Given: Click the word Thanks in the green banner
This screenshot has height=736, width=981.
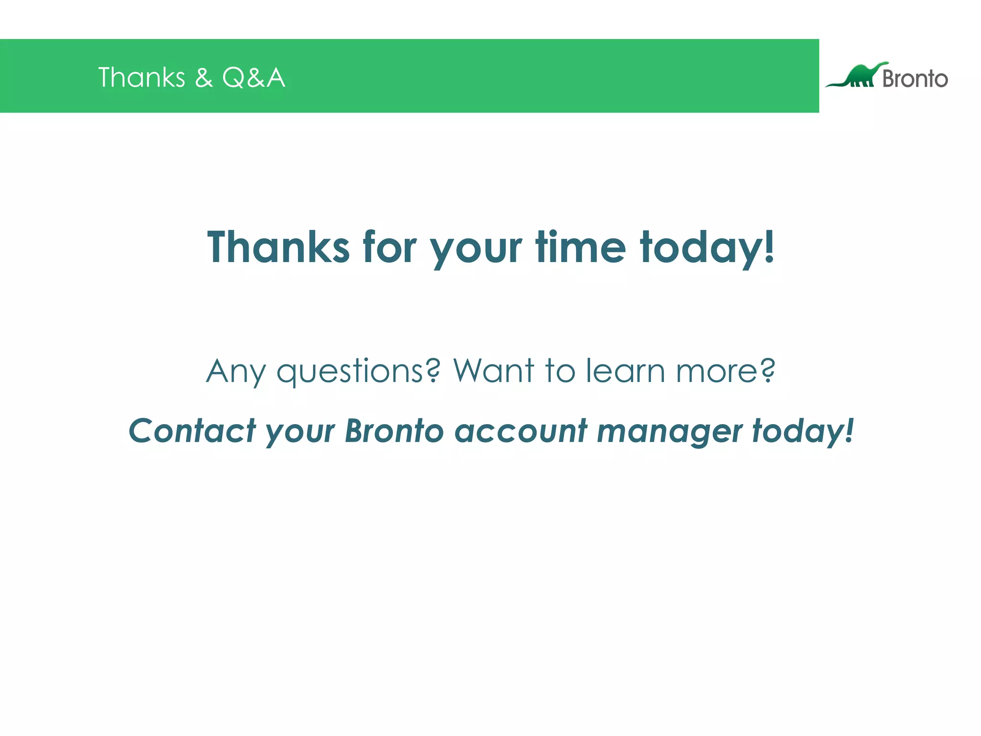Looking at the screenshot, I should (x=141, y=78).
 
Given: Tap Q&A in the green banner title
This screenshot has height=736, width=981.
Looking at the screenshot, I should (x=253, y=78).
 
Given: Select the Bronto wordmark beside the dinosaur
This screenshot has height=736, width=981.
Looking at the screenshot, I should (x=914, y=79).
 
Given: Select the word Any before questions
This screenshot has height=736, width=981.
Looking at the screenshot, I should (x=235, y=372).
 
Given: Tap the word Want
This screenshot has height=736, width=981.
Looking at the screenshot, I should (x=493, y=371).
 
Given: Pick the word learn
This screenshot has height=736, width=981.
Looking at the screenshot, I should (x=626, y=371).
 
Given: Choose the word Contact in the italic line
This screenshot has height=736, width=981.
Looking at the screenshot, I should (x=192, y=431).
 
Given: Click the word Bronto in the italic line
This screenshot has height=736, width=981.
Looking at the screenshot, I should (x=394, y=431).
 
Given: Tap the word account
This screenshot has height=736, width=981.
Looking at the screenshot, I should (x=520, y=431).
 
